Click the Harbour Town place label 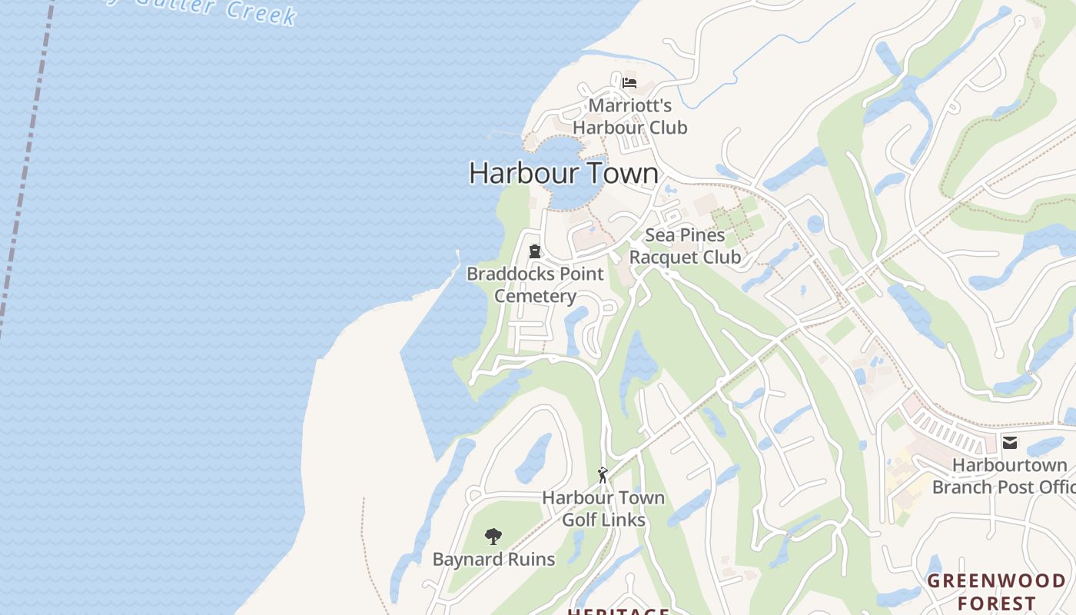click(563, 173)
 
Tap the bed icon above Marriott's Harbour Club click(629, 82)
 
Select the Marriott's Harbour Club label click(630, 116)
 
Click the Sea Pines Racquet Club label click(685, 246)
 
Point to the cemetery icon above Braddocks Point click(535, 251)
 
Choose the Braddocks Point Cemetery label click(535, 284)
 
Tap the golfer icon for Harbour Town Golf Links click(603, 475)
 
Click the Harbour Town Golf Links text click(603, 509)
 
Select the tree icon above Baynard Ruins click(493, 537)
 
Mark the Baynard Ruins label click(493, 559)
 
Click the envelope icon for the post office click(1010, 443)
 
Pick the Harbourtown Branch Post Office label click(1004, 476)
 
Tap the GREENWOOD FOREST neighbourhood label click(997, 591)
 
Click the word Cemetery click(535, 296)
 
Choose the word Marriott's click(630, 105)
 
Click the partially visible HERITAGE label click(618, 611)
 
